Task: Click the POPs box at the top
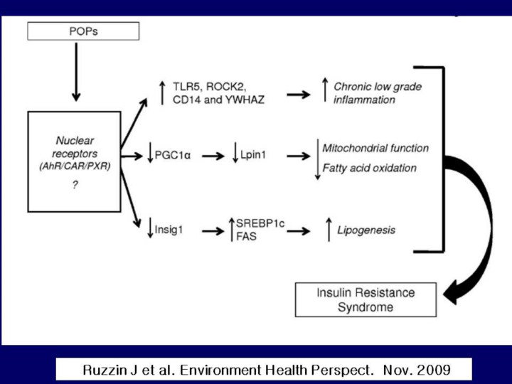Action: click(82, 31)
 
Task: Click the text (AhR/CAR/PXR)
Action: click(75, 165)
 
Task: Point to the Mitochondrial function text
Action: click(375, 148)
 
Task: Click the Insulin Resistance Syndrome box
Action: click(366, 299)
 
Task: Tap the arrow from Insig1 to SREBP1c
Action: click(212, 230)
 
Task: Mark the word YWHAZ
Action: click(245, 99)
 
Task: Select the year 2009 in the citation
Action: click(434, 370)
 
